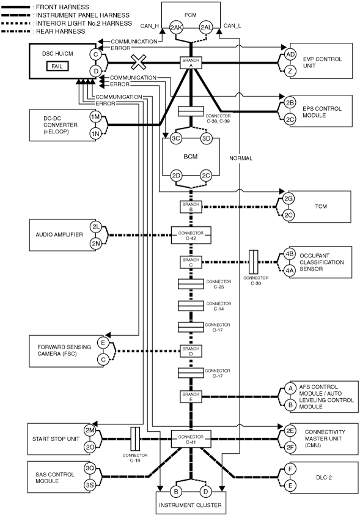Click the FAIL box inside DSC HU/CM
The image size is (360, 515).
click(57, 66)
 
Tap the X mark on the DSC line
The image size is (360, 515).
click(139, 62)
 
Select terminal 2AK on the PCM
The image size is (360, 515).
click(176, 28)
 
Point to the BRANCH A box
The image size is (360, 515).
click(191, 63)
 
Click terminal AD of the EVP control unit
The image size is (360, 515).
click(290, 54)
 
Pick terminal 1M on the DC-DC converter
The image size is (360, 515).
click(95, 117)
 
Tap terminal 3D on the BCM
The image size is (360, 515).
click(206, 138)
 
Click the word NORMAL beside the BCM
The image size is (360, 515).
click(241, 158)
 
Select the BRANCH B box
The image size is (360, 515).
click(191, 207)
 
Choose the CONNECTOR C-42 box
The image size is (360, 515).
click(191, 235)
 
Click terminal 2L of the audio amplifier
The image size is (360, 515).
click(95, 227)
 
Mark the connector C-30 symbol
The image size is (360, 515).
click(254, 262)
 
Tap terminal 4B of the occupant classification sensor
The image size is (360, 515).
click(290, 254)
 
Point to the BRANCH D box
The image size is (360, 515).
click(191, 351)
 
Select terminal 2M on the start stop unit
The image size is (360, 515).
click(90, 431)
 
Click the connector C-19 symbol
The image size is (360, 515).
click(135, 439)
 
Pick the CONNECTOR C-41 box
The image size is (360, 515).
click(191, 439)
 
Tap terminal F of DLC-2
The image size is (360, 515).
click(290, 469)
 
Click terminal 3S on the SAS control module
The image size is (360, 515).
click(90, 485)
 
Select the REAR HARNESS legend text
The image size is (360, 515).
click(61, 32)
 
